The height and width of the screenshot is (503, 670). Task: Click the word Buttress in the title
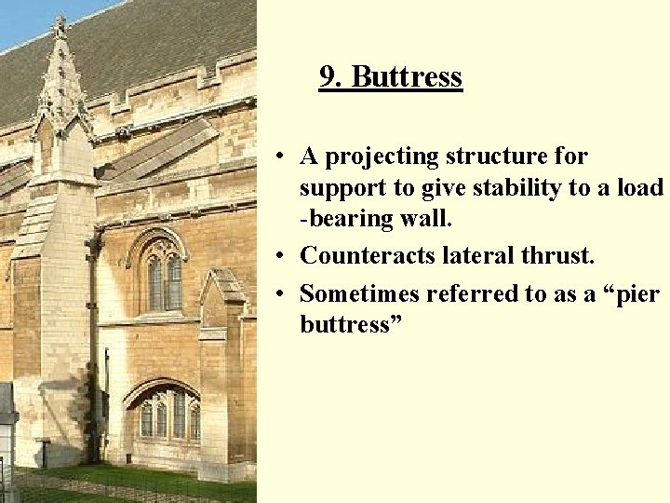tap(407, 76)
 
